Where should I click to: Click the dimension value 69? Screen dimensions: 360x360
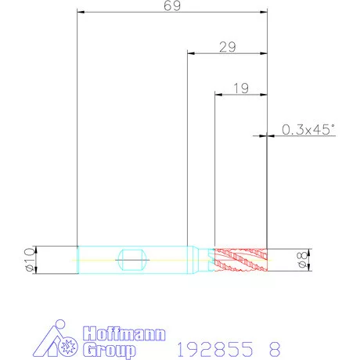[172, 5]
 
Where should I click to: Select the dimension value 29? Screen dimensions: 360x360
[228, 47]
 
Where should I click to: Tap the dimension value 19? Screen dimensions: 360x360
[241, 88]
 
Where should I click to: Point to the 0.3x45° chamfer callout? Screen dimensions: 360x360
[308, 130]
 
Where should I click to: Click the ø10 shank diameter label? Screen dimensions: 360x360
[30, 260]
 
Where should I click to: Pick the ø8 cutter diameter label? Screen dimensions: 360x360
[302, 260]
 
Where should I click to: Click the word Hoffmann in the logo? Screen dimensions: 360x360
[124, 333]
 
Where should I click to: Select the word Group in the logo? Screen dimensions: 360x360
[110, 350]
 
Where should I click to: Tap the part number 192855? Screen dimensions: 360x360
[215, 349]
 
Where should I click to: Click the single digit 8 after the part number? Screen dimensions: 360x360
[275, 349]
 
